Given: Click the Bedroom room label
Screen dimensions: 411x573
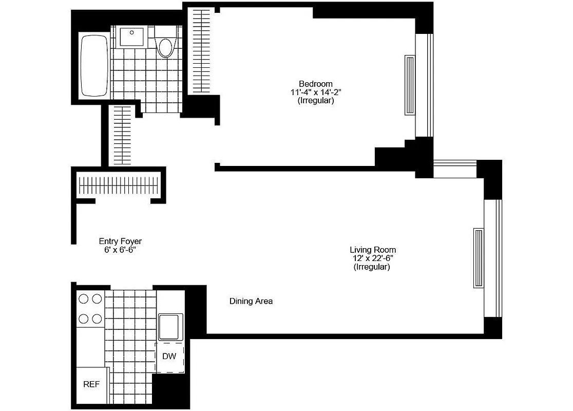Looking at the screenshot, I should pos(315,84).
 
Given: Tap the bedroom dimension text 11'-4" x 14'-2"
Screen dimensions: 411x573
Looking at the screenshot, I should pos(315,92).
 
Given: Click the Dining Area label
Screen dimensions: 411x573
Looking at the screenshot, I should pos(251,302).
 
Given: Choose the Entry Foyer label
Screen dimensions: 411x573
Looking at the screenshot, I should pos(120,241).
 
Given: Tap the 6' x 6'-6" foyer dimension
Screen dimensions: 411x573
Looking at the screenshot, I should pos(120,250).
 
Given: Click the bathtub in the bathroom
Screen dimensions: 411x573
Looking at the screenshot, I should pos(94,65).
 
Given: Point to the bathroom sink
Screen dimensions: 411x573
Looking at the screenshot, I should pos(133,36).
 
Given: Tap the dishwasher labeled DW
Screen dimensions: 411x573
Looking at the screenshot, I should pos(169,356).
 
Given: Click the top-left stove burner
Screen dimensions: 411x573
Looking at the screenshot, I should pos(83,298).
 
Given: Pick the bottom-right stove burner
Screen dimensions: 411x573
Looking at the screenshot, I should pos(97,319).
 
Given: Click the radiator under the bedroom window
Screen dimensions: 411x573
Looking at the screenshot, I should pos(410,85).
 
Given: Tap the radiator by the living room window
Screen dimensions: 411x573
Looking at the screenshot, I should pos(479,258).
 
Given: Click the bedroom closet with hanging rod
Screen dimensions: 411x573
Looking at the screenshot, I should pos(201,51).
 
